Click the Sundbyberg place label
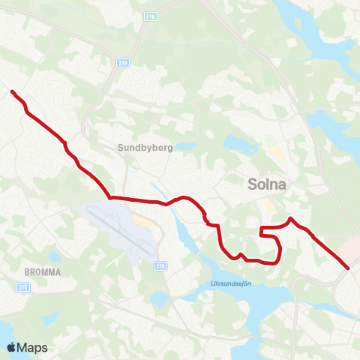pos(145,148)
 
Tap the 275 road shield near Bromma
pos(23,286)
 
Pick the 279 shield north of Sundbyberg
pos(122,64)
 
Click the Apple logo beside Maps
pos(11,347)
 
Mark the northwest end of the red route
pos(12,91)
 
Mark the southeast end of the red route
pos(348,268)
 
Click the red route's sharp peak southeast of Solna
pos(291,218)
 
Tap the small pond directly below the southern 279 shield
pos(158,299)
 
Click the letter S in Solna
pos(253,184)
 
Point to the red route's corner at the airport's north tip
pos(111,198)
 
